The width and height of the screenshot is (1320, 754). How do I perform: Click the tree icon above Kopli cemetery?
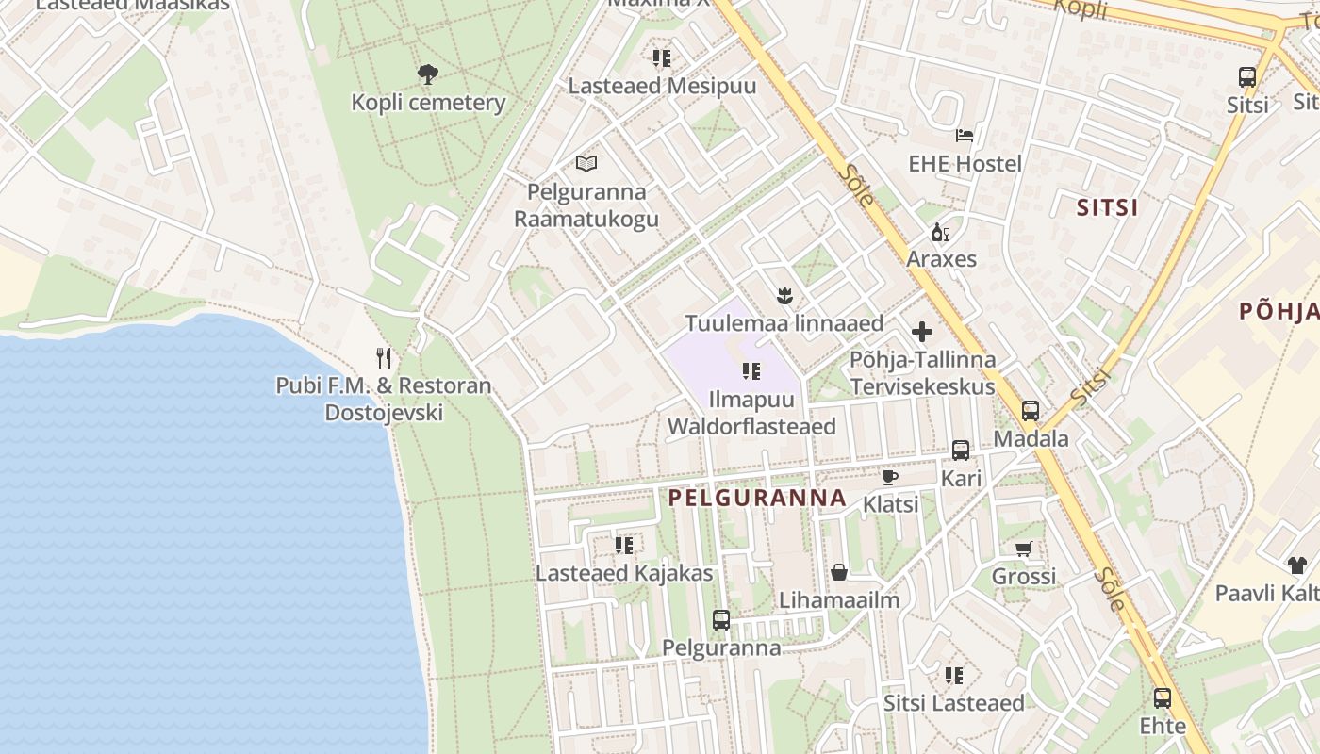point(428,74)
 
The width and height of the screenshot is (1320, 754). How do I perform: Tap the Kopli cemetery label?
point(428,103)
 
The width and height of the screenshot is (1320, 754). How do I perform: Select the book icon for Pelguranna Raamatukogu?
point(586,163)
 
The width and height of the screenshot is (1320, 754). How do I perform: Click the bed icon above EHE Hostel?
point(964,136)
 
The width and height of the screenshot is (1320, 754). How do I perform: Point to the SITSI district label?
point(1108,208)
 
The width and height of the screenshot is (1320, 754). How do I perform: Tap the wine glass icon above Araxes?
point(940,232)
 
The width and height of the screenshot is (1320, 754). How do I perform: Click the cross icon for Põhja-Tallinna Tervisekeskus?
point(922,332)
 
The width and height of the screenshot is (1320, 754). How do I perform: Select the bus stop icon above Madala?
point(1031,411)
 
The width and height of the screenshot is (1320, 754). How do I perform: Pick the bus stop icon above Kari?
point(961,451)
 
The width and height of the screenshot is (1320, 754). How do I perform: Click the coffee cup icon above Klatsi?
point(889,477)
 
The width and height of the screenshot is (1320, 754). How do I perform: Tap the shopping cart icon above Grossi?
point(1023,549)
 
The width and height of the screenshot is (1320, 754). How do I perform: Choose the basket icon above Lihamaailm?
point(838,572)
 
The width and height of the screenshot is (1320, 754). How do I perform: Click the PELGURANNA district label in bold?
point(757,498)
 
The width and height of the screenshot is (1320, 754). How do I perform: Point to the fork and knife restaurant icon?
point(383,358)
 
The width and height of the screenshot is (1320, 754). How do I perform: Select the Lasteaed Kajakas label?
point(624,573)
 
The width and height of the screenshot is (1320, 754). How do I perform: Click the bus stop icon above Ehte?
point(1163,698)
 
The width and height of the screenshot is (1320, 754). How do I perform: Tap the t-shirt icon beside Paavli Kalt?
point(1297,565)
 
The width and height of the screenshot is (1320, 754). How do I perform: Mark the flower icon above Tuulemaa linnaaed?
point(783,296)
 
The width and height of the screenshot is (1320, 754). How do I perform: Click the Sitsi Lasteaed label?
point(953,703)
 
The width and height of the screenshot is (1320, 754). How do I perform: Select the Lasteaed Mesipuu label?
point(662,86)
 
